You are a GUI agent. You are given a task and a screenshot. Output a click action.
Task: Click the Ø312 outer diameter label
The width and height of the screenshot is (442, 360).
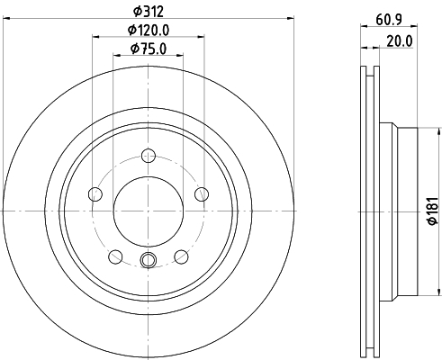(149, 12)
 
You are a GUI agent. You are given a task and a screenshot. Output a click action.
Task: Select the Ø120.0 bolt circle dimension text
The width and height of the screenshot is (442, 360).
(149, 30)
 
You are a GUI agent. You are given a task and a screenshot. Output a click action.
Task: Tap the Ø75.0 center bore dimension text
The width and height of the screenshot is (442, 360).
(149, 49)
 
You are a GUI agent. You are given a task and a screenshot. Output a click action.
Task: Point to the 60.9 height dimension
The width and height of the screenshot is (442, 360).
(389, 20)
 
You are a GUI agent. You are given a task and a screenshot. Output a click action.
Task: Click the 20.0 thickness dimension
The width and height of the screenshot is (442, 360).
(400, 41)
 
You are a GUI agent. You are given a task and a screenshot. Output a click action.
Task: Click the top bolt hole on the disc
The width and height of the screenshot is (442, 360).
(149, 156)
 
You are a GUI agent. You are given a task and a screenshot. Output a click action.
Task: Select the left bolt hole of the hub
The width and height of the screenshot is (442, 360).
(95, 194)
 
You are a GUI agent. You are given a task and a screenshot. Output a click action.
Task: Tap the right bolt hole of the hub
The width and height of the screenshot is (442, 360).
(202, 194)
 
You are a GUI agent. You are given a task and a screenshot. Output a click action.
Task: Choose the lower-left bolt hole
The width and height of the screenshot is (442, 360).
(115, 256)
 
